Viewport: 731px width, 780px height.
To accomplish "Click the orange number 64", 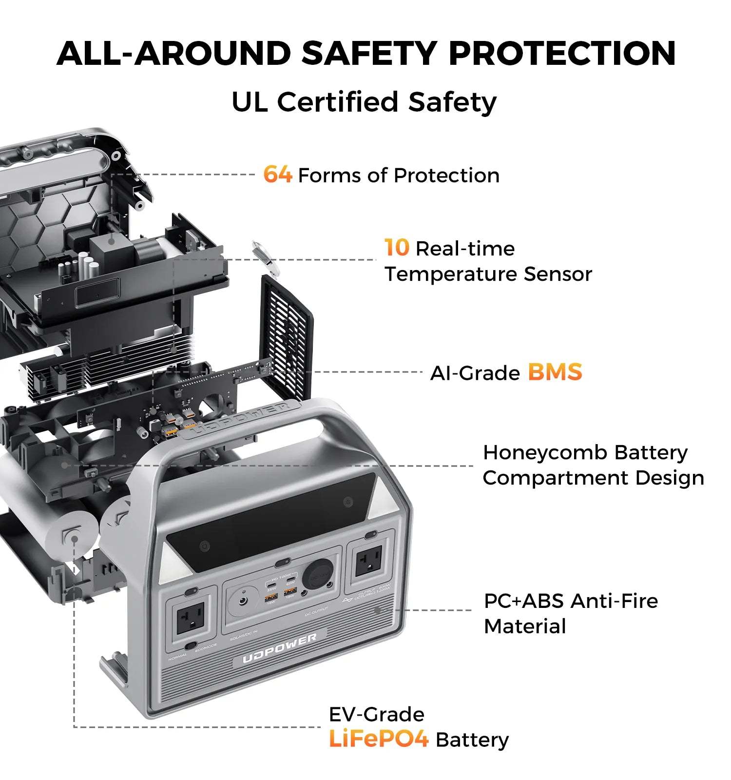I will tap(277, 175).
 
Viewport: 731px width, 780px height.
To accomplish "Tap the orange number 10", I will tap(397, 248).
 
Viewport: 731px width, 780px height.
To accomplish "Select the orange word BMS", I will tap(555, 372).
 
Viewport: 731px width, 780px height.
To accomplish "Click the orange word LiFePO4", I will tap(379, 739).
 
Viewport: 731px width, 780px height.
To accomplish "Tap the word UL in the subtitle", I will tap(249, 102).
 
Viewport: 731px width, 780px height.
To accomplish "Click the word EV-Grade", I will tap(377, 714).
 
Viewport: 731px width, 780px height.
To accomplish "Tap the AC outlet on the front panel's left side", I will tap(190, 618).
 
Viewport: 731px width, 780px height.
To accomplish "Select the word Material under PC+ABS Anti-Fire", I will tap(525, 626).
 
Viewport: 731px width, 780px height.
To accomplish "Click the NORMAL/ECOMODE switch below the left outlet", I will tap(191, 645).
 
